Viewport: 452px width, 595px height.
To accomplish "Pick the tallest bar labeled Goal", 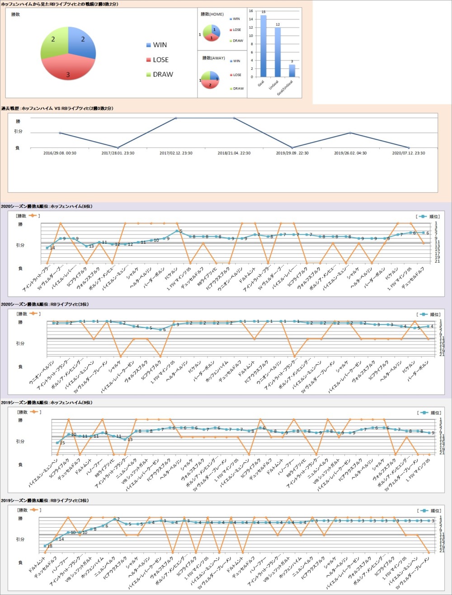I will tap(264, 46).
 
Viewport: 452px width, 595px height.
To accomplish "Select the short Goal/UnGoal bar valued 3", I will tap(292, 71).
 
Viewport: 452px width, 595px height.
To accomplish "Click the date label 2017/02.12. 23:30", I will tap(175, 153).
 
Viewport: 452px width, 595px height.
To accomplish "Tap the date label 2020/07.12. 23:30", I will tap(409, 153).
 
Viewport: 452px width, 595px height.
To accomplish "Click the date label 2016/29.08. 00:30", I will tap(60, 153).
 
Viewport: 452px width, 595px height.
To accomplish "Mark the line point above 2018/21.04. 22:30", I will tap(234, 118).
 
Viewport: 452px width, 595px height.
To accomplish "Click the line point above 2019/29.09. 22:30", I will tap(292, 148).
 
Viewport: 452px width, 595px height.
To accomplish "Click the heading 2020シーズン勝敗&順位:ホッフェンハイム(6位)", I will tap(47, 206).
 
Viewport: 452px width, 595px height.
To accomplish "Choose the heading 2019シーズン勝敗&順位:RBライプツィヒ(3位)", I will tap(45, 501).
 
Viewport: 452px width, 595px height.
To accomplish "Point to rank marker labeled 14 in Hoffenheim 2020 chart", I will tap(47, 248).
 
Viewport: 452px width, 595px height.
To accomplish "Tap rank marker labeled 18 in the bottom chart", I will tap(45, 546).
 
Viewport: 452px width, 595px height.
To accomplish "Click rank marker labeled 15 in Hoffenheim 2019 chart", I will tap(57, 443).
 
